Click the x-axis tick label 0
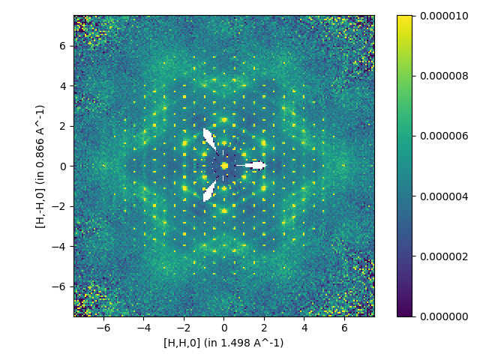point(223,328)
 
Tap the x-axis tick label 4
point(304,328)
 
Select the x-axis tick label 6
point(344,328)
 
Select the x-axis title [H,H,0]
point(223,343)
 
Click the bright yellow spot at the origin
point(223,166)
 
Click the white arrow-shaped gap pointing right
point(255,166)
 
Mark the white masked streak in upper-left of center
point(209,139)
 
